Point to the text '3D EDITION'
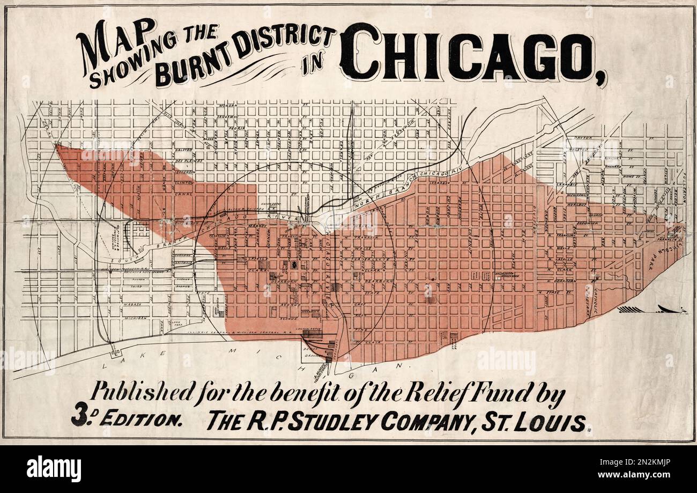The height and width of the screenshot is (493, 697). coord(127,419)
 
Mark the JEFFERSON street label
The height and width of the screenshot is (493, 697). coord(184,172)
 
